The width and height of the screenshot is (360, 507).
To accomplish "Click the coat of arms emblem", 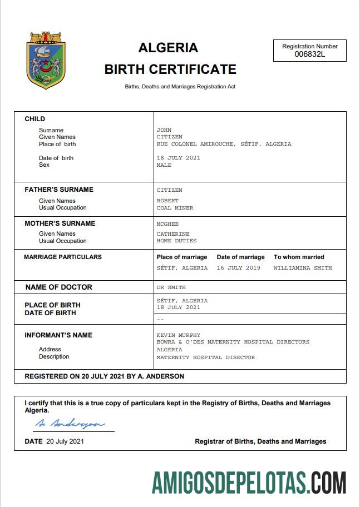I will [x=47, y=61].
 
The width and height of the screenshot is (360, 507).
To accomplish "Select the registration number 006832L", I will [x=310, y=54].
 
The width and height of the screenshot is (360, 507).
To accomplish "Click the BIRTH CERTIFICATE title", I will [x=170, y=69].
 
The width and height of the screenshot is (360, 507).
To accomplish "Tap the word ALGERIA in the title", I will [x=168, y=48].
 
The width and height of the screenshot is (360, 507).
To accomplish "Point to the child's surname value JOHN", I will [x=164, y=130].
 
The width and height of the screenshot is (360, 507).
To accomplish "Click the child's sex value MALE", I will [x=164, y=165].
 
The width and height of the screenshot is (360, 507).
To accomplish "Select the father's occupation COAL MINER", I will [x=175, y=208].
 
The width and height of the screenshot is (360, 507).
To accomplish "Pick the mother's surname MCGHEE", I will [x=167, y=223].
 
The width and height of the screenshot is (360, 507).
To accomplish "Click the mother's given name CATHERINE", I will [x=173, y=234].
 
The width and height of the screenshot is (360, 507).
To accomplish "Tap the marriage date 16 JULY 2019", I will [x=239, y=268].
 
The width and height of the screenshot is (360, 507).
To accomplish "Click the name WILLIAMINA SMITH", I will [x=303, y=268].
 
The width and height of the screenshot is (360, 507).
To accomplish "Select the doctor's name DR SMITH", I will [x=171, y=287].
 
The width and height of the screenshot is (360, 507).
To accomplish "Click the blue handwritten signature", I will [x=70, y=424].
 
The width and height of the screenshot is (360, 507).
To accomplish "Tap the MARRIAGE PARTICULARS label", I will [x=63, y=257].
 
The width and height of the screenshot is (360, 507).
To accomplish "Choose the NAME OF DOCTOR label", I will [x=59, y=287].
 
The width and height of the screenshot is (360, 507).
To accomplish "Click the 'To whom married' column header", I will [x=299, y=257].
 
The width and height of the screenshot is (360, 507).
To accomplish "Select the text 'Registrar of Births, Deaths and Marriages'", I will [x=260, y=441].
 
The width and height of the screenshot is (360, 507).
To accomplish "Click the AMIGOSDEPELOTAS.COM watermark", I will [x=249, y=483].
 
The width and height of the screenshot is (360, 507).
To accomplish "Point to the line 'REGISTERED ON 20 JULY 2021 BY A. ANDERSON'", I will [x=104, y=376].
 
